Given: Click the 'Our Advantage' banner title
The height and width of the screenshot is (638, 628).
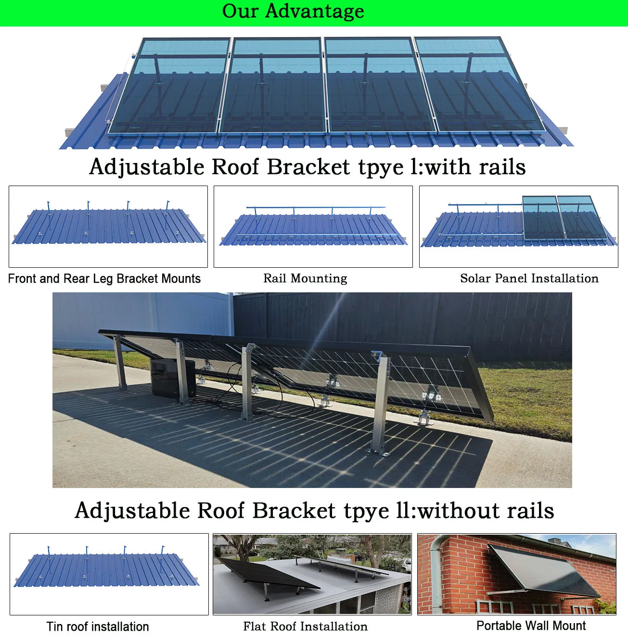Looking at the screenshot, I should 293,12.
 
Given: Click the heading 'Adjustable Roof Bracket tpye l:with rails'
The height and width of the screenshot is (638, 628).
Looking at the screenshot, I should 308,167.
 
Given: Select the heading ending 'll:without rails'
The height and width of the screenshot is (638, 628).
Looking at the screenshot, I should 314,511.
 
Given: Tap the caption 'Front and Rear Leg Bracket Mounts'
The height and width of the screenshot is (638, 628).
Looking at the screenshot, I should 104,279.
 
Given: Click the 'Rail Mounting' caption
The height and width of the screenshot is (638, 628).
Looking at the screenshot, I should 305,278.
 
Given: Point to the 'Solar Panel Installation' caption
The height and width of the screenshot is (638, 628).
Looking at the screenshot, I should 529,278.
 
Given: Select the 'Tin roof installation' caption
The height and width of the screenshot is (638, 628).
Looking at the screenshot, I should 98,626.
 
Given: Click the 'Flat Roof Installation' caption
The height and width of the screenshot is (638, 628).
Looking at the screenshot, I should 305,626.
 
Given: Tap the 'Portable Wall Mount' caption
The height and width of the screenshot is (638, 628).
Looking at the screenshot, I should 531,625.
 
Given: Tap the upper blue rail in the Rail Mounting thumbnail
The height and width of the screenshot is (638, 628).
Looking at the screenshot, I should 315,207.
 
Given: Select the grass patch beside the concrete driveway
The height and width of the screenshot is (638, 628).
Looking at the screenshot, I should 529,399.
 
